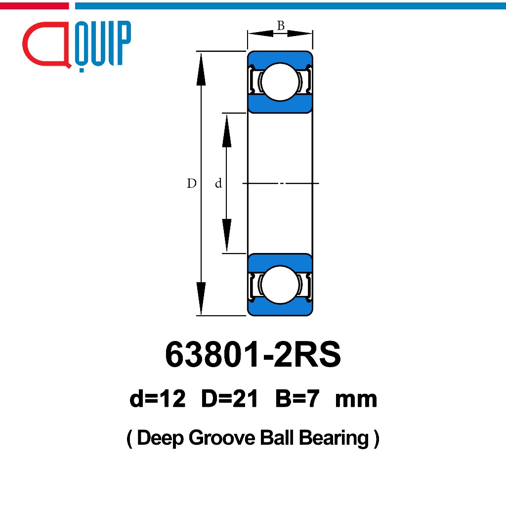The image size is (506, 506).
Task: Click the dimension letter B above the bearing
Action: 281,25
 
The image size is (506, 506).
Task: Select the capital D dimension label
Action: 192,183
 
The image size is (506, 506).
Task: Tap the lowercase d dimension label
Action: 218,183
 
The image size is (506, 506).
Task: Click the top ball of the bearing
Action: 280,82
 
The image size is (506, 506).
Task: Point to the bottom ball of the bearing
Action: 280,285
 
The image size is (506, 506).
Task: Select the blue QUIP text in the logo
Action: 103,45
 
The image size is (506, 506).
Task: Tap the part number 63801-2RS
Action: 253,354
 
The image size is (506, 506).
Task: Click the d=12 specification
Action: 158,399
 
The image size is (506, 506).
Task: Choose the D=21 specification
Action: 229,399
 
